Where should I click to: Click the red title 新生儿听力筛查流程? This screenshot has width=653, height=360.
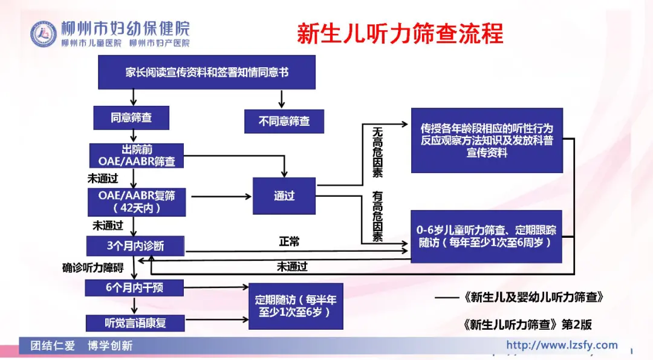(400, 33)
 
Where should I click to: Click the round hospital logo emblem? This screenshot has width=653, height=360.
(44, 34)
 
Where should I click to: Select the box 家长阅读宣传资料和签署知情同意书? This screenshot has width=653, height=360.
(207, 72)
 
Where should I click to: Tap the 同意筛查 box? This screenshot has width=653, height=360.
(131, 118)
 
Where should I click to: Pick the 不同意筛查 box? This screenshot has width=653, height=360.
(284, 121)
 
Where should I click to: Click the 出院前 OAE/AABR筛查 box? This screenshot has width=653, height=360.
(136, 155)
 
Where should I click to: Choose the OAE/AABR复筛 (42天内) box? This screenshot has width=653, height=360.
(136, 201)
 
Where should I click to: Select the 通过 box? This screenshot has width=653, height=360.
(284, 195)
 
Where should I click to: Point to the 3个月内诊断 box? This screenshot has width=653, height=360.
(135, 246)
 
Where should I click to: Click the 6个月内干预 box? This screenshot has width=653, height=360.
(134, 288)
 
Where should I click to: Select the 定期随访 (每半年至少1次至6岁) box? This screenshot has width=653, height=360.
(296, 306)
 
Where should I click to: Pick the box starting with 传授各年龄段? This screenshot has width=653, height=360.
(487, 140)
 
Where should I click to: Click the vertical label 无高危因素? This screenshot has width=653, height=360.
(377, 152)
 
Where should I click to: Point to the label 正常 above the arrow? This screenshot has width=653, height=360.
(289, 241)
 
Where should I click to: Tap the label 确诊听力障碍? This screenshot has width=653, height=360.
(93, 267)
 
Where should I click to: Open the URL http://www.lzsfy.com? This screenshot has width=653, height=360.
(562, 345)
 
